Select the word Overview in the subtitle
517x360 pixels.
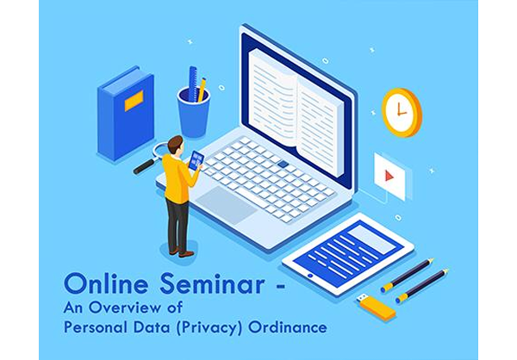coord(125,307)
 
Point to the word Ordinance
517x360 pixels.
coord(288,327)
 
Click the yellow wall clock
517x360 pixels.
coord(402,112)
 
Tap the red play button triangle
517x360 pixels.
coord(389,176)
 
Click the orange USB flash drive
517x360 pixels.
coord(377,307)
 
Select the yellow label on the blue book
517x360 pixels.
coord(134,101)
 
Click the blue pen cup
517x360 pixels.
coord(194,112)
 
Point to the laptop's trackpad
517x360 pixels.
coord(226,205)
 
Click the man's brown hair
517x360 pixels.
coord(175,144)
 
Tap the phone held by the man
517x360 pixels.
coord(196,160)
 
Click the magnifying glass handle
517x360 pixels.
coord(146,166)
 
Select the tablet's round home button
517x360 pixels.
coord(310,276)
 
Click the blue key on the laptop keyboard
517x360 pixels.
coord(283,164)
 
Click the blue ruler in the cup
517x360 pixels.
coord(193,83)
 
